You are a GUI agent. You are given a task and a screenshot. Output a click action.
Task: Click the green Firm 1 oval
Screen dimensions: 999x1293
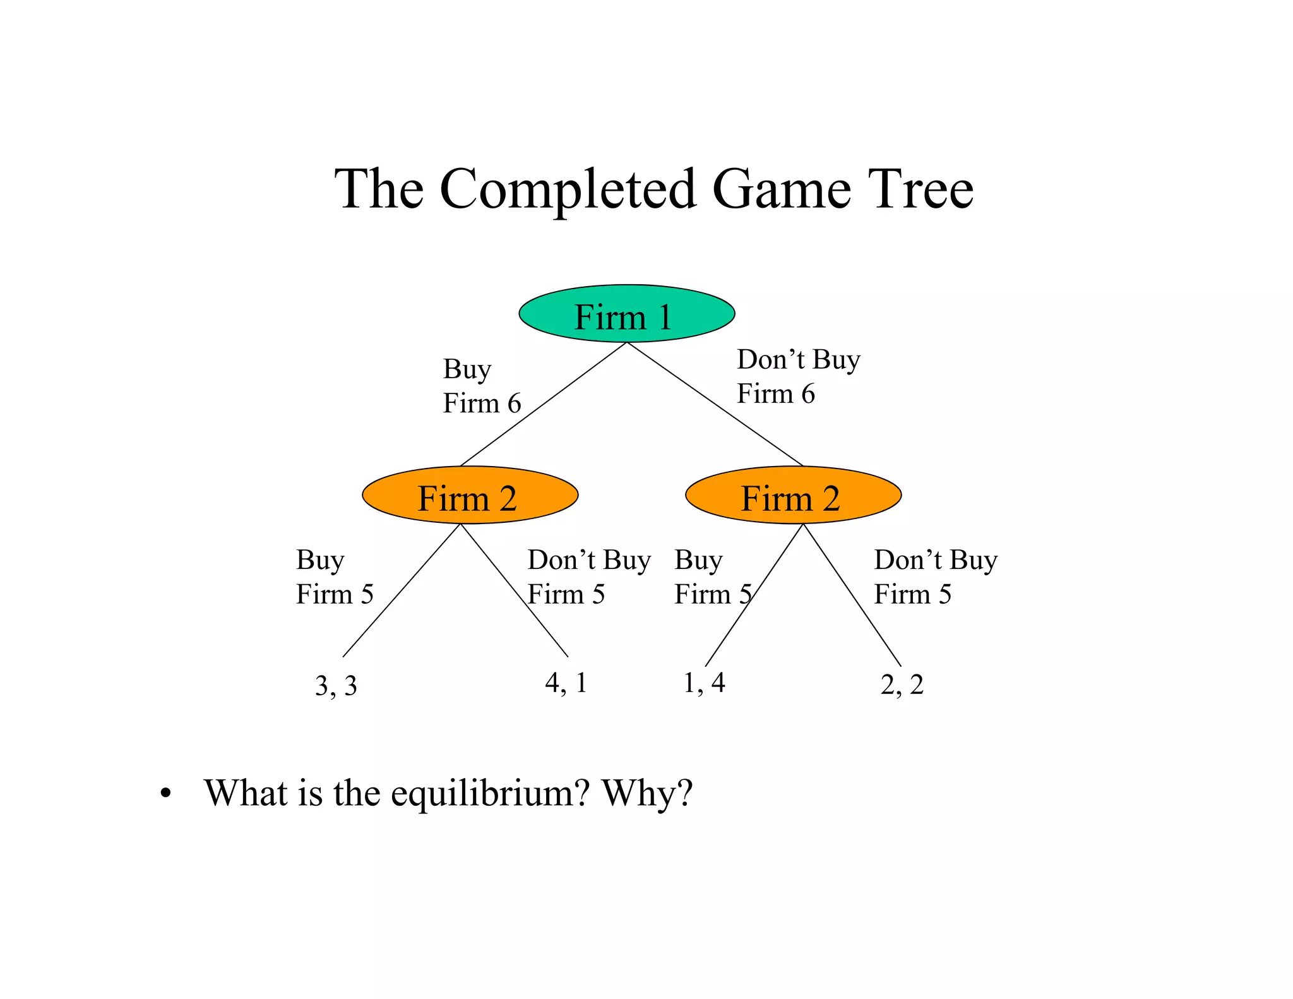[626, 314]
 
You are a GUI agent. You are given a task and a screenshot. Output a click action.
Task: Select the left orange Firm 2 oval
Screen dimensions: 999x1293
[470, 495]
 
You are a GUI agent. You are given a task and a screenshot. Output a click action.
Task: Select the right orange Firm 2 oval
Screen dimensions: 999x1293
[793, 495]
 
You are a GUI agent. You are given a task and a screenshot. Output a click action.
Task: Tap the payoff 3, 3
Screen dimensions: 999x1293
[336, 686]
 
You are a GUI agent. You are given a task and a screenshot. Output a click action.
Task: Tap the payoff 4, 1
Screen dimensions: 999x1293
[566, 683]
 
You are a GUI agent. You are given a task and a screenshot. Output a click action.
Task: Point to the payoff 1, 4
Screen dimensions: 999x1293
[704, 683]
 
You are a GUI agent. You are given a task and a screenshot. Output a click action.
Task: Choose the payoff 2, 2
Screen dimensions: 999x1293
[902, 685]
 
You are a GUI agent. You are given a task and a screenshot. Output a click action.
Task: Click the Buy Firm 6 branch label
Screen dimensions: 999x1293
[481, 386]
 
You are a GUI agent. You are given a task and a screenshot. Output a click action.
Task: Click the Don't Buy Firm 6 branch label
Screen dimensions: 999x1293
[798, 376]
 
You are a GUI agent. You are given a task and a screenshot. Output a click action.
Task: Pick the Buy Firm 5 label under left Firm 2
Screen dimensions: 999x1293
[335, 577]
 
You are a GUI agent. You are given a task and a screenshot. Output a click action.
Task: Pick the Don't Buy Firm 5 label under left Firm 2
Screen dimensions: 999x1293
[588, 577]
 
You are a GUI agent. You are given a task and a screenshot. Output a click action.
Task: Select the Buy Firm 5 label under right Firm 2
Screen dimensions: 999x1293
[712, 577]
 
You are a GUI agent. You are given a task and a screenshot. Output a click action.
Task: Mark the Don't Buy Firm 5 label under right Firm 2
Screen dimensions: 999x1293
[935, 577]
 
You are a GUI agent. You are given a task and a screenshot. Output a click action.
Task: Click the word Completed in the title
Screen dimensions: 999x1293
[568, 189]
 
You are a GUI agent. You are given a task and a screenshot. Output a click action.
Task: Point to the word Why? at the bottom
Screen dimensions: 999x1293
[647, 793]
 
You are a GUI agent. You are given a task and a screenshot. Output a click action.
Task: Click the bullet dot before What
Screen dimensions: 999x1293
[165, 794]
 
